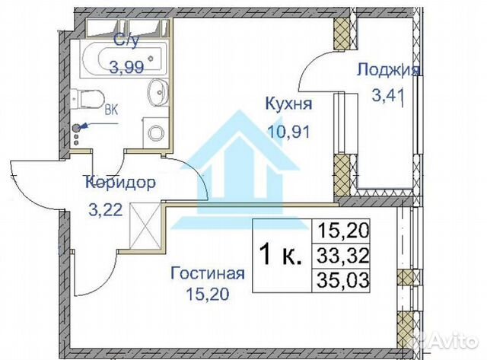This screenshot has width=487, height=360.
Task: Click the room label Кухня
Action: (286, 104)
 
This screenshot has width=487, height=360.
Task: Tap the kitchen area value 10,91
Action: (285, 130)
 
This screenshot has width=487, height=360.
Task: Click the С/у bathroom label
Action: (126, 42)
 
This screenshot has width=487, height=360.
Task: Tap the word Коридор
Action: (121, 183)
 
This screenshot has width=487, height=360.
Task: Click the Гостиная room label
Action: (208, 273)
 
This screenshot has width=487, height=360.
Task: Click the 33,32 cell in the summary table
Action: (342, 256)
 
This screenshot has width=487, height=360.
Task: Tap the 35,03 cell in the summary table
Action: (342, 280)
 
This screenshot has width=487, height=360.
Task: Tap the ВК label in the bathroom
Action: (110, 109)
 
